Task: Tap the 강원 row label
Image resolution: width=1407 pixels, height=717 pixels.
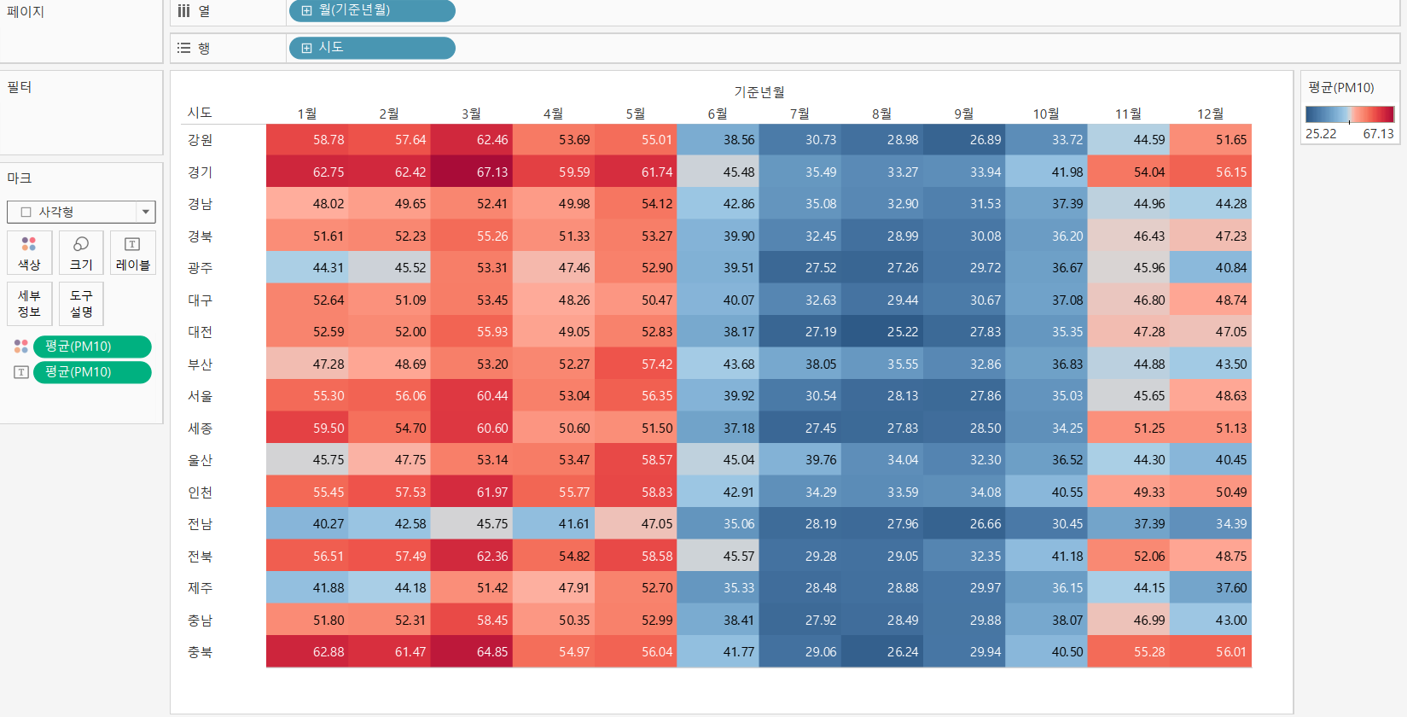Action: click(201, 140)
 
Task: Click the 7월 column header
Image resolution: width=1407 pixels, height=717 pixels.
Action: click(799, 114)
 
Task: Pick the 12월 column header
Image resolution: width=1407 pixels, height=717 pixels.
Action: click(1210, 114)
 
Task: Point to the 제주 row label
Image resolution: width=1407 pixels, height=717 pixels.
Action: click(201, 588)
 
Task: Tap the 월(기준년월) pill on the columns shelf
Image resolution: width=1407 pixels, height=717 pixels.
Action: click(372, 11)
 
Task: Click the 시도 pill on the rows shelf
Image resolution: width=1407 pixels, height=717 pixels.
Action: click(372, 48)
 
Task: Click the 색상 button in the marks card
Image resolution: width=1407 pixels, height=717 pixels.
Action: click(29, 253)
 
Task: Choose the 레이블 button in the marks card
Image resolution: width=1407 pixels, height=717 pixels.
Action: click(132, 253)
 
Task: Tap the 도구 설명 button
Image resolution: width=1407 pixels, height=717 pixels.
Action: click(81, 304)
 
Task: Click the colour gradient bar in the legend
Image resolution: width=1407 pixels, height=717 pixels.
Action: click(1349, 114)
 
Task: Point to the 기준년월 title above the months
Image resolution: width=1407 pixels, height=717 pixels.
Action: click(759, 92)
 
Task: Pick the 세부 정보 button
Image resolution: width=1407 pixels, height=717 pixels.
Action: click(29, 304)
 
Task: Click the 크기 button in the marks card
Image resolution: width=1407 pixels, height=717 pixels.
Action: click(81, 253)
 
